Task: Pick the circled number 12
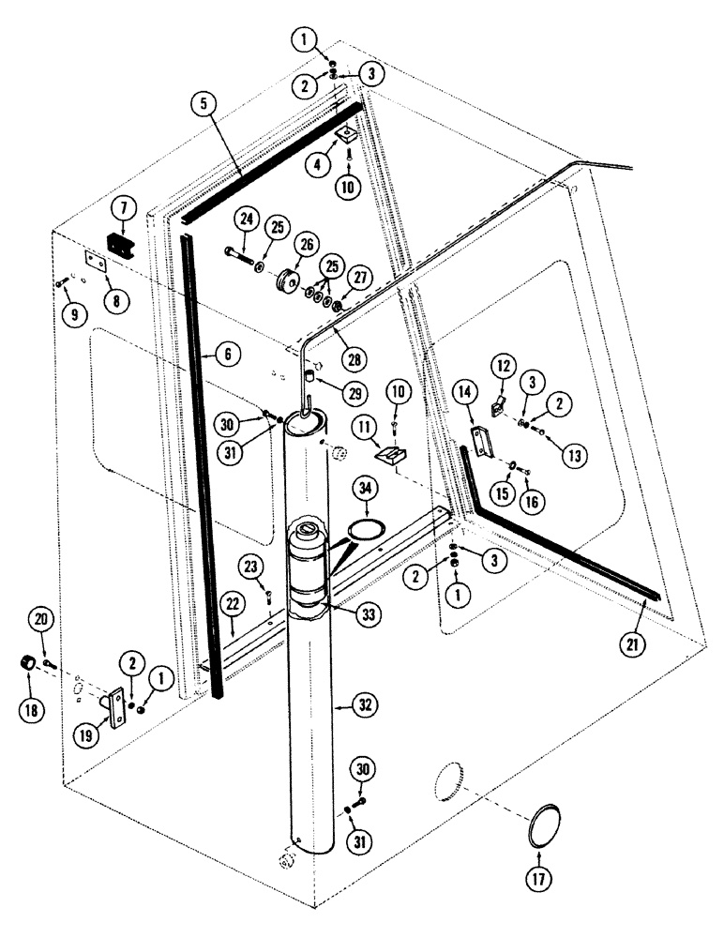click(504, 364)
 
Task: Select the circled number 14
click(462, 393)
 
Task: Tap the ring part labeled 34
click(367, 530)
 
